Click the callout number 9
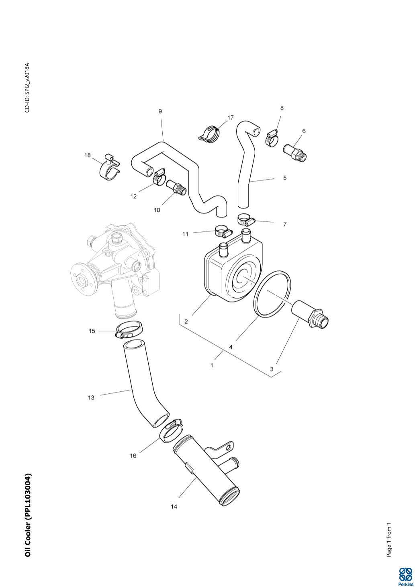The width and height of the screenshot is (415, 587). click(x=160, y=111)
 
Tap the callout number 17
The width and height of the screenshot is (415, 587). click(x=231, y=118)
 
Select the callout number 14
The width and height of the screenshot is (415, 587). click(x=174, y=507)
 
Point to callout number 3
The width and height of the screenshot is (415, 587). click(x=272, y=369)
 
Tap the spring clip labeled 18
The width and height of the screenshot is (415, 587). click(x=109, y=168)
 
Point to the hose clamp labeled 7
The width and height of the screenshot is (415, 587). click(x=245, y=220)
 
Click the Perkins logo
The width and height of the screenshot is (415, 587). click(x=405, y=577)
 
